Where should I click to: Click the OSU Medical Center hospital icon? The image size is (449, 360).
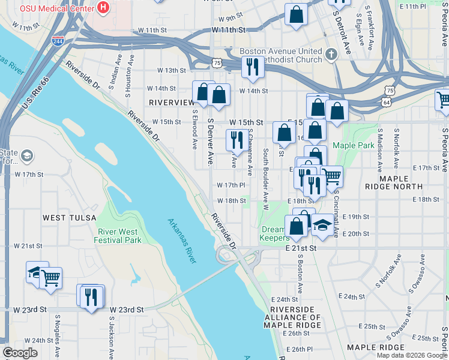pyautogui.click(x=103, y=8)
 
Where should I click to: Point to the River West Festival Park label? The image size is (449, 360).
pyautogui.click(x=118, y=236)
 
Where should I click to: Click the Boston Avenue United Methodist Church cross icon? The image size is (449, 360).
pyautogui.click(x=330, y=56)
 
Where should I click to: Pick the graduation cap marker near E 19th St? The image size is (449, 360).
pyautogui.click(x=322, y=225)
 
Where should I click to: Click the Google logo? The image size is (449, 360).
pyautogui.click(x=20, y=353)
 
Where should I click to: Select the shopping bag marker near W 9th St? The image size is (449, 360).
pyautogui.click(x=296, y=15)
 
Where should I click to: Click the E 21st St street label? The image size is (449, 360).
pyautogui.click(x=301, y=247)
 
